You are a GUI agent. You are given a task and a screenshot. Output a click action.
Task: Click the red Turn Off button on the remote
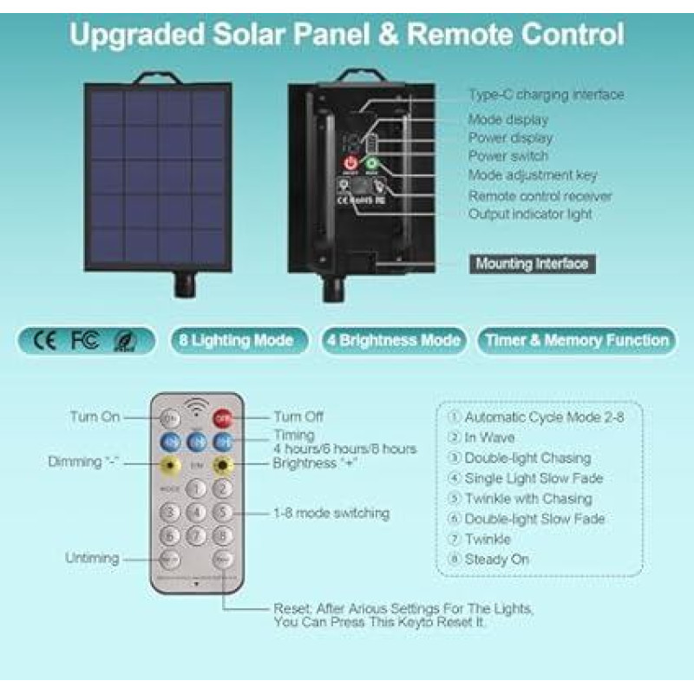pyautogui.click(x=225, y=417)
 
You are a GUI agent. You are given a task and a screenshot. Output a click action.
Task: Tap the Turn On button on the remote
pyautogui.click(x=170, y=417)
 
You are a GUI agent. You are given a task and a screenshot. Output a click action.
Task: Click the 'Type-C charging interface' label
pyautogui.click(x=546, y=95)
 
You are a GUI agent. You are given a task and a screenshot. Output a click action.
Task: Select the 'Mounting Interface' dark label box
pyautogui.click(x=531, y=264)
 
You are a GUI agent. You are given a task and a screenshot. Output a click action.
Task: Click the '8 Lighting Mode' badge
pyautogui.click(x=237, y=340)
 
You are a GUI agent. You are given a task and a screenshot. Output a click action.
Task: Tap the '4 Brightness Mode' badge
pyautogui.click(x=393, y=340)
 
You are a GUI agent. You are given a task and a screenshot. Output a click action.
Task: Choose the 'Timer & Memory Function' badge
pyautogui.click(x=577, y=340)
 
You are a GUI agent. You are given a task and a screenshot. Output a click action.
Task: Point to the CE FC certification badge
pyautogui.click(x=85, y=340)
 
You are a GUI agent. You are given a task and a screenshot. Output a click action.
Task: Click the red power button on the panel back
pyautogui.click(x=350, y=163)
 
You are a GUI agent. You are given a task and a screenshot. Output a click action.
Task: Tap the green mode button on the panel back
pyautogui.click(x=375, y=163)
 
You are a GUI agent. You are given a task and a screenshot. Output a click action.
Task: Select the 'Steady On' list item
pyautogui.click(x=495, y=560)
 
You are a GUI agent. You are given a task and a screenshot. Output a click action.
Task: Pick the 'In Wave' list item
pyautogui.click(x=489, y=437)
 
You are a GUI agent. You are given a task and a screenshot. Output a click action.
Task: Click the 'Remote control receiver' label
pyautogui.click(x=540, y=196)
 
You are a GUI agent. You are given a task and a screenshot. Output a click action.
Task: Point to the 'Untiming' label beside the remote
pyautogui.click(x=92, y=558)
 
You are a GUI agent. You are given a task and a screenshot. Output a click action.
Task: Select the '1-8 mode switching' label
pyautogui.click(x=331, y=513)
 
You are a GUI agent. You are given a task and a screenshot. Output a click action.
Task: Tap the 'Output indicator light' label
pyautogui.click(x=531, y=213)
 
